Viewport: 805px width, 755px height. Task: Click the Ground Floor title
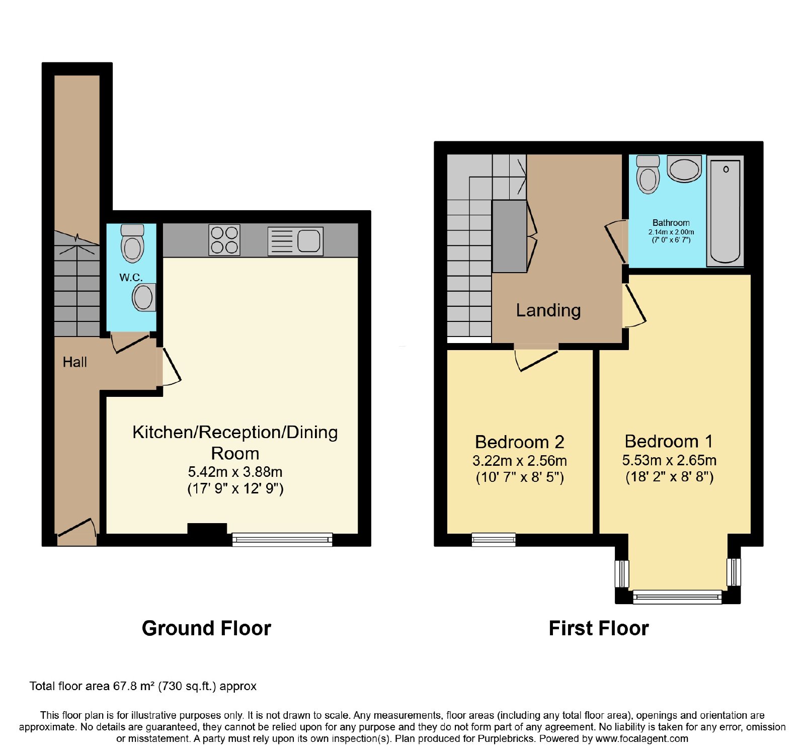206,628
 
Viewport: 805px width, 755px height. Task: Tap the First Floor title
599,628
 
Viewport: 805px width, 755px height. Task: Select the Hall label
75,362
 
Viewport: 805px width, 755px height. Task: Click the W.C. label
131,277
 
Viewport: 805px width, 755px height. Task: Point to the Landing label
548,310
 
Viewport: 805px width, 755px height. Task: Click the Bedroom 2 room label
520,442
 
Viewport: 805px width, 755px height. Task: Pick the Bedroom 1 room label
669,441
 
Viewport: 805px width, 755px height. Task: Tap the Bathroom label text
671,223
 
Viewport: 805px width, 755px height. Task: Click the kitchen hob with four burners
224,240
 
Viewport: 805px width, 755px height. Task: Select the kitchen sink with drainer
295,241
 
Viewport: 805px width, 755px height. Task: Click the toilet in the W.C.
133,243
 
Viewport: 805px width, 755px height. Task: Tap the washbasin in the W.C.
144,297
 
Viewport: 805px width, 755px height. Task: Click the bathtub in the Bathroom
725,211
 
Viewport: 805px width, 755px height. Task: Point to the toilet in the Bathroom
648,175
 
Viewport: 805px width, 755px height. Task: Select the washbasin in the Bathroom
684,169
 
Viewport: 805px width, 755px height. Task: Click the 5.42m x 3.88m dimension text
235,472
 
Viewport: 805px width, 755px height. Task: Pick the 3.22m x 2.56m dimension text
520,461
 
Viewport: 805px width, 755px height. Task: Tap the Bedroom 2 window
494,540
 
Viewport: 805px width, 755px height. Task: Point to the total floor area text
143,686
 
